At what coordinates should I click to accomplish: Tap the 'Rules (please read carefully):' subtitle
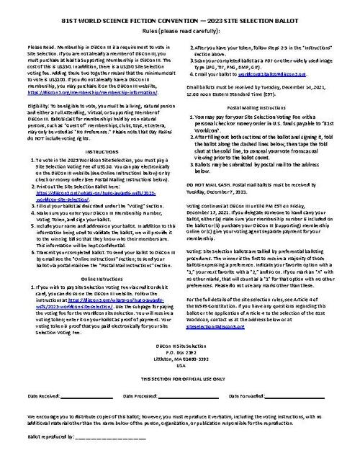pos(179,31)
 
